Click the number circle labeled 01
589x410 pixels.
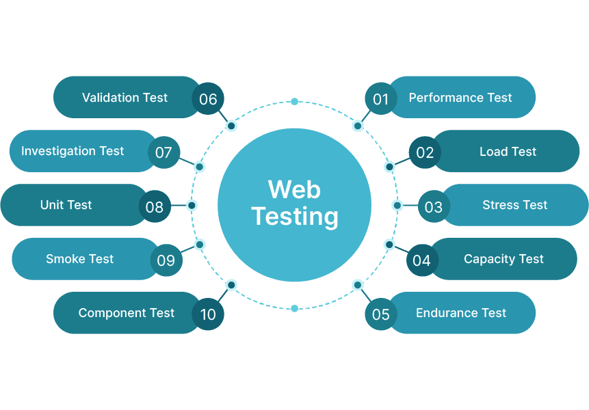pos(381,100)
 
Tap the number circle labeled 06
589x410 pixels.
pos(208,100)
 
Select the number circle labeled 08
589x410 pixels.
pos(155,206)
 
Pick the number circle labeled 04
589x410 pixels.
pos(422,260)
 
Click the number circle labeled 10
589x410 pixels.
pos(208,314)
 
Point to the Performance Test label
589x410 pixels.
pos(460,98)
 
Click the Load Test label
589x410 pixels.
pos(508,152)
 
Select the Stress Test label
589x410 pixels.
pos(514,205)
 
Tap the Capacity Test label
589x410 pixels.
pos(503,259)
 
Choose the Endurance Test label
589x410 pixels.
pos(461,313)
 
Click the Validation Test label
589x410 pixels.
pos(125,98)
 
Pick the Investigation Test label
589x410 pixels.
pos(73,151)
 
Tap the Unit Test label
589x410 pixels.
pos(66,205)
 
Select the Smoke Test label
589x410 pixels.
pos(79,259)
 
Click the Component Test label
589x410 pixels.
pos(127,313)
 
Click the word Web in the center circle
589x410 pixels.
pos(294,189)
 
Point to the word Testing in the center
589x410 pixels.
pos(294,217)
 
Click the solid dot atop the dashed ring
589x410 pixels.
pos(294,102)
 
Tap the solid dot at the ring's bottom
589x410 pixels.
pos(294,308)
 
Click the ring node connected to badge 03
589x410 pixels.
pos(397,205)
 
